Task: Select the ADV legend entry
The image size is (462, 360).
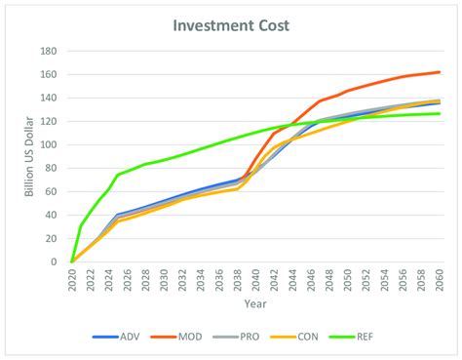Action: tap(119, 337)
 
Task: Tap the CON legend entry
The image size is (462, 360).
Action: tap(311, 337)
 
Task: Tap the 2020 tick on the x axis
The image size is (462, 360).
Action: tap(72, 280)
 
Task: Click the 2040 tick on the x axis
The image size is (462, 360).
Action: tap(255, 280)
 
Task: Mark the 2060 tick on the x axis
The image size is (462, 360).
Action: tap(439, 280)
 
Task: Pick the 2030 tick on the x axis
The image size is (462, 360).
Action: tap(164, 280)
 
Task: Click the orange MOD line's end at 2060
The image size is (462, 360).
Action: tap(439, 72)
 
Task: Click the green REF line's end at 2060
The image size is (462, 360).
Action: tap(439, 114)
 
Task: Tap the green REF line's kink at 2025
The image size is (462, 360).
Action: tap(118, 175)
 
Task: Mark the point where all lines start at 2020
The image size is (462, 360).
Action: tap(72, 261)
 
